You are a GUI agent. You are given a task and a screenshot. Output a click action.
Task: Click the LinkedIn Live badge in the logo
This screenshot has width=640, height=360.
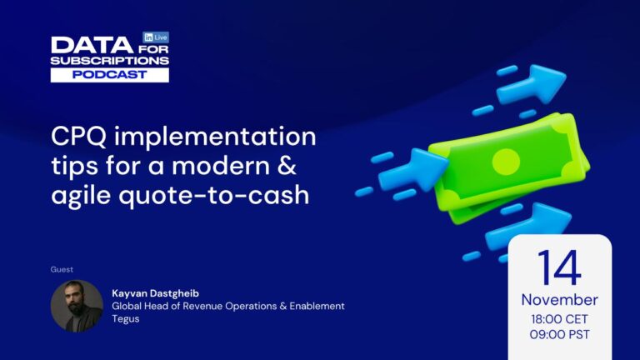(x=156, y=37)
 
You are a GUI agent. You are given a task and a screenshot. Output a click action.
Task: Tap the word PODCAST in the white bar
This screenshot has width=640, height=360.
(x=110, y=74)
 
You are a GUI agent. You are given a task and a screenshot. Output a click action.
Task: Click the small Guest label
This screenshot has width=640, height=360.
(x=62, y=269)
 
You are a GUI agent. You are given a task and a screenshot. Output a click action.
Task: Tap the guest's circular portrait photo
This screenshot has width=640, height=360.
(x=77, y=305)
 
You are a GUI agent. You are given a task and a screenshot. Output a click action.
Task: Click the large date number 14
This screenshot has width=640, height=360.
(x=559, y=268)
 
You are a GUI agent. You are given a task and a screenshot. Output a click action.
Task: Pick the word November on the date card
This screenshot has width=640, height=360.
(x=559, y=299)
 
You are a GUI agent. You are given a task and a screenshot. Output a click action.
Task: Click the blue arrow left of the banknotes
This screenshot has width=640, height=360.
(x=412, y=170)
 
